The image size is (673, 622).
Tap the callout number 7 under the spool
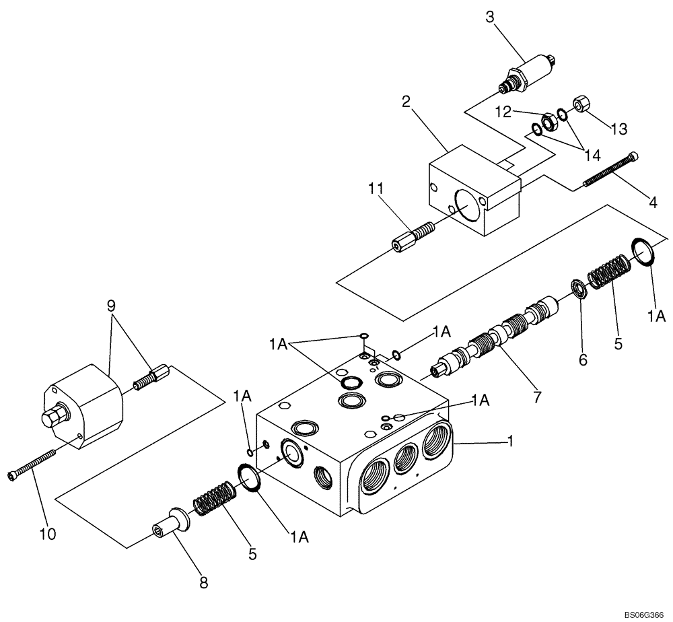(x=536, y=397)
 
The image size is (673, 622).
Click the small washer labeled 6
(x=578, y=288)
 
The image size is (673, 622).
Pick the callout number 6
(x=582, y=359)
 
